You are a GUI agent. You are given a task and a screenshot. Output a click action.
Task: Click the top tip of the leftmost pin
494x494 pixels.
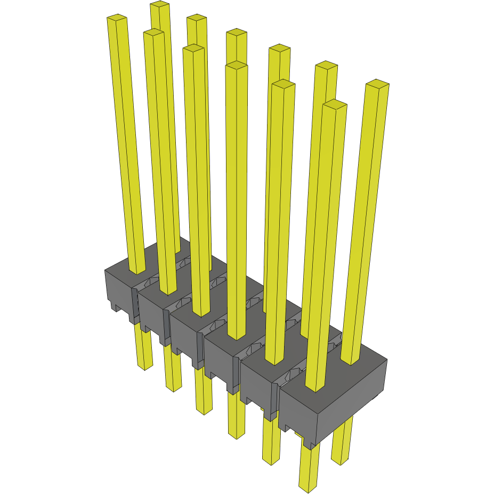coord(117,19)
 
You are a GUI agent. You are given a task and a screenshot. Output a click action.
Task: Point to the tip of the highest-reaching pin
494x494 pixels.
coord(160,4)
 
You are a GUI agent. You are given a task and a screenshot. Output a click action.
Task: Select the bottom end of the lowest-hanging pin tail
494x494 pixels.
coord(307,488)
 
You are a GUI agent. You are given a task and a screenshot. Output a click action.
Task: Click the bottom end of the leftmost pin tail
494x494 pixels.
coord(144,367)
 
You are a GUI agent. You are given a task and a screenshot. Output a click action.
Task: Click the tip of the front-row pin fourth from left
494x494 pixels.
coord(237,65)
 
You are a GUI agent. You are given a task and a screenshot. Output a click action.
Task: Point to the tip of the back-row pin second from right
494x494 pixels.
coord(279,48)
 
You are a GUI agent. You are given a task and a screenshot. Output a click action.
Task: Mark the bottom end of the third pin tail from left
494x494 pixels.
coord(204,411)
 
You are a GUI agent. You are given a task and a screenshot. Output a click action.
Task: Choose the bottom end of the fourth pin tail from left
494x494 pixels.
coord(237,435)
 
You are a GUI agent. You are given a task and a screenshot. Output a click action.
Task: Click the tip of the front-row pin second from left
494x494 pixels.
coord(153,33)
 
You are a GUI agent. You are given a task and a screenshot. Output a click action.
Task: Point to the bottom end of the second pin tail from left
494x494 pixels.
coord(174,389)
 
